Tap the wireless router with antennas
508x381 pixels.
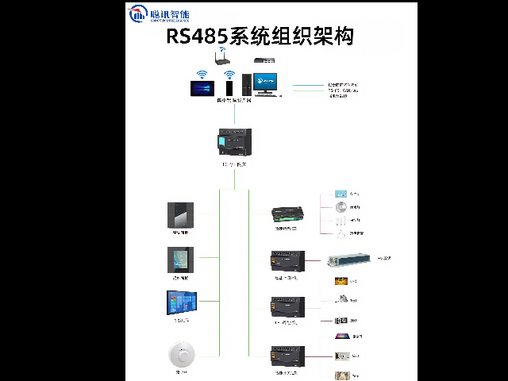pyautogui.click(x=222, y=57)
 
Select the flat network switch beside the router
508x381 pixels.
pyautogui.click(x=264, y=60)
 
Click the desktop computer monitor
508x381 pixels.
pyautogui.click(x=265, y=82)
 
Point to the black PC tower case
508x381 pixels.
pyautogui.click(x=246, y=84)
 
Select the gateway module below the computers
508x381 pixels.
pyautogui.click(x=234, y=142)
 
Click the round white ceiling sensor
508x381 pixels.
pyautogui.click(x=182, y=352)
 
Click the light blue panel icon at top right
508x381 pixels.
pyautogui.click(x=341, y=194)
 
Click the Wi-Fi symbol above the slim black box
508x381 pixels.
pyautogui.click(x=229, y=75)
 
